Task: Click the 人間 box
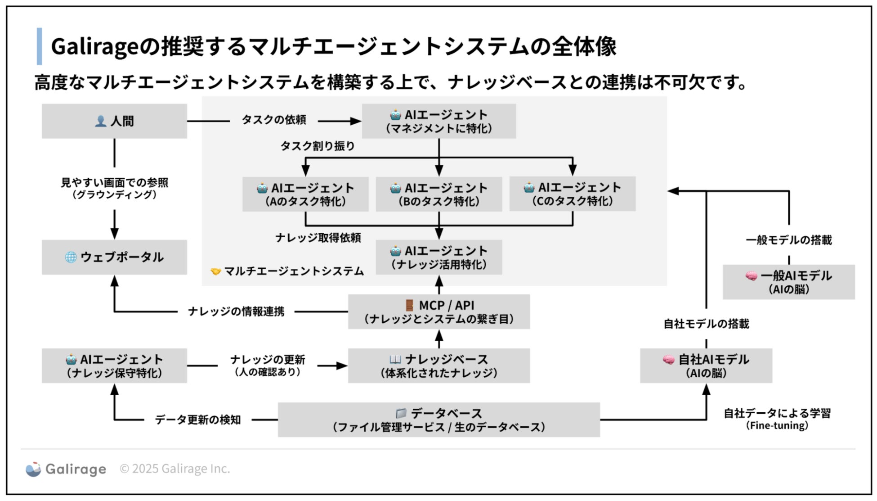tap(114, 121)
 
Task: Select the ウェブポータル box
tap(114, 257)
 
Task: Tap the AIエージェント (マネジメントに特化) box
tap(438, 121)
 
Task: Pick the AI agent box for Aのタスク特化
tap(305, 194)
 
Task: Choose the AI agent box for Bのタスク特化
tap(438, 194)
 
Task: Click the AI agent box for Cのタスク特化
tap(572, 194)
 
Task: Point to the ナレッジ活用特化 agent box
tap(438, 257)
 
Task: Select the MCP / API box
tap(438, 311)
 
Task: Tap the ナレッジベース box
tap(438, 366)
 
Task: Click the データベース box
tap(438, 420)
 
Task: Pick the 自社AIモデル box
tap(706, 366)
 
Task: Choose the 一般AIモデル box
tap(788, 282)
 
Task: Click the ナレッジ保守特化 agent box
tap(114, 366)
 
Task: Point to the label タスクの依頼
tap(274, 120)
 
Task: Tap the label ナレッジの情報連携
tap(236, 311)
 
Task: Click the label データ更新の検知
tap(198, 420)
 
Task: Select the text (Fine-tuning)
tap(777, 425)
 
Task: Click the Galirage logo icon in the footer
tap(33, 469)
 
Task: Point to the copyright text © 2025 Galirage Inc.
tap(175, 469)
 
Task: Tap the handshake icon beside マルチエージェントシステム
tap(216, 271)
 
